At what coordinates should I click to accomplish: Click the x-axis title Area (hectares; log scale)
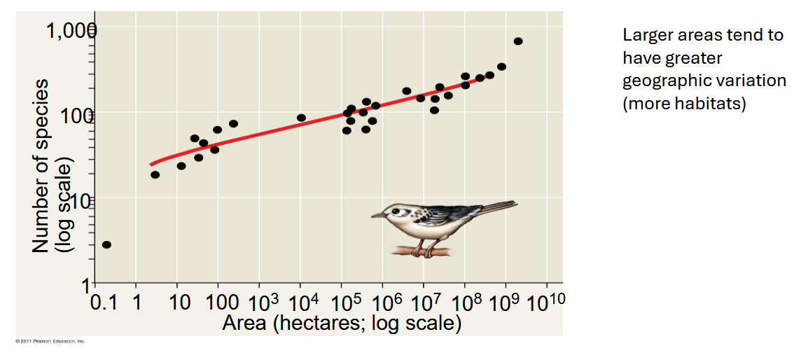pyautogui.click(x=342, y=324)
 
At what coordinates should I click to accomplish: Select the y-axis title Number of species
pyautogui.click(x=42, y=165)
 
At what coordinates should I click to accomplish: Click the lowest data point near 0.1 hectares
pyautogui.click(x=106, y=244)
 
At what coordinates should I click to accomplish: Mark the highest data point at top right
pyautogui.click(x=518, y=41)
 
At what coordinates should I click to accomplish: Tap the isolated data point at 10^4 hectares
pyautogui.click(x=301, y=118)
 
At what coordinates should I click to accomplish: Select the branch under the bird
pyautogui.click(x=420, y=250)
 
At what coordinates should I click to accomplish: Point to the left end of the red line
pyautogui.click(x=151, y=165)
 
